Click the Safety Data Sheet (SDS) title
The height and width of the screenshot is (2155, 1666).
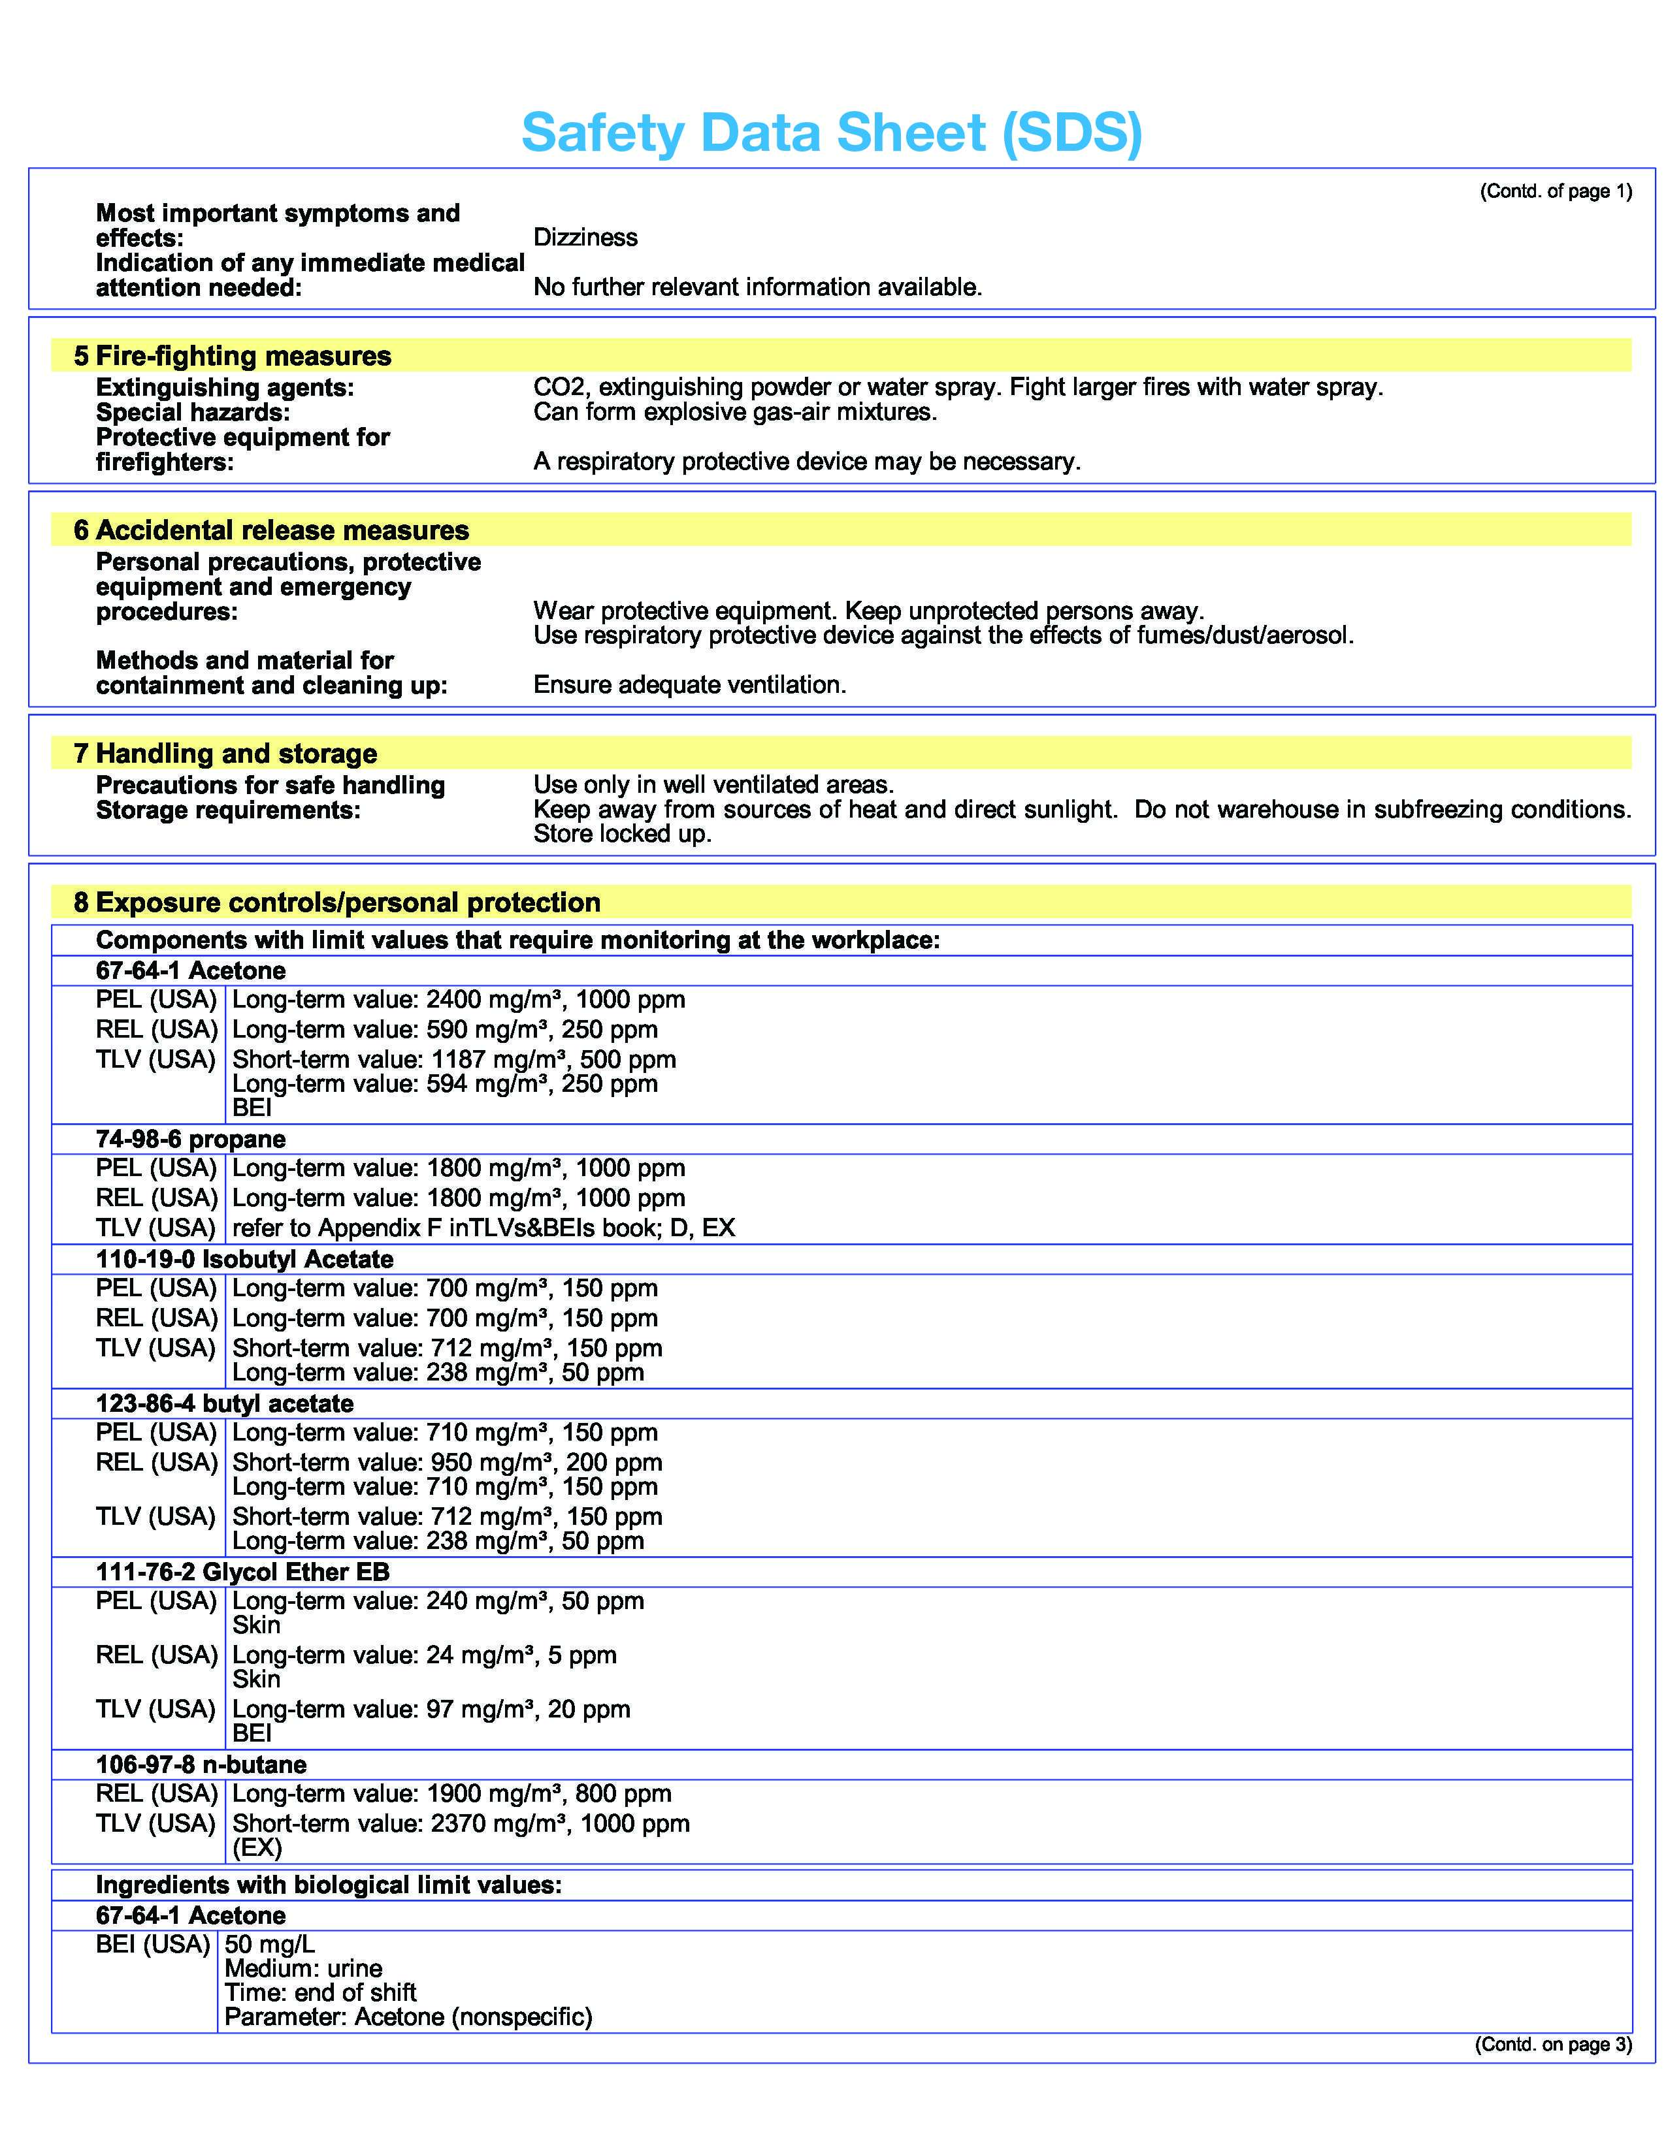click(831, 132)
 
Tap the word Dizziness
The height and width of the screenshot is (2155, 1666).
click(585, 238)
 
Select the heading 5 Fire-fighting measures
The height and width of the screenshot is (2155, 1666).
click(233, 356)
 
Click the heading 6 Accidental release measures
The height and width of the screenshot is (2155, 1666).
click(271, 531)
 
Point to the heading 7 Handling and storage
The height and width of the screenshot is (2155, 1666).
click(226, 754)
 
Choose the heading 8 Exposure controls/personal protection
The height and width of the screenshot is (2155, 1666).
click(338, 903)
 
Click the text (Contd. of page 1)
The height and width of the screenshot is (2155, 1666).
click(1556, 191)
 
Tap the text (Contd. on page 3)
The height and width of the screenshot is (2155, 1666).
click(1552, 2045)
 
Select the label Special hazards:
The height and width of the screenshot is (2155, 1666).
click(193, 413)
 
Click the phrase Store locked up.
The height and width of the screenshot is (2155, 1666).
click(622, 835)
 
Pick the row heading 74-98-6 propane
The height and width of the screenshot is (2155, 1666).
click(191, 1140)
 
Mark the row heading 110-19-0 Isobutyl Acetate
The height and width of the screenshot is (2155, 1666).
click(245, 1260)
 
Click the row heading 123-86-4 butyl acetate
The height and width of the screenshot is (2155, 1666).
click(224, 1404)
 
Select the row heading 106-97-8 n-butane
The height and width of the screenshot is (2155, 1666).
click(201, 1764)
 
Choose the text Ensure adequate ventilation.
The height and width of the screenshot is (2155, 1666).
click(690, 685)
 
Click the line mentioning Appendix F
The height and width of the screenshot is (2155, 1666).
click(483, 1228)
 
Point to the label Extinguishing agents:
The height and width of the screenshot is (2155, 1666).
click(224, 388)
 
